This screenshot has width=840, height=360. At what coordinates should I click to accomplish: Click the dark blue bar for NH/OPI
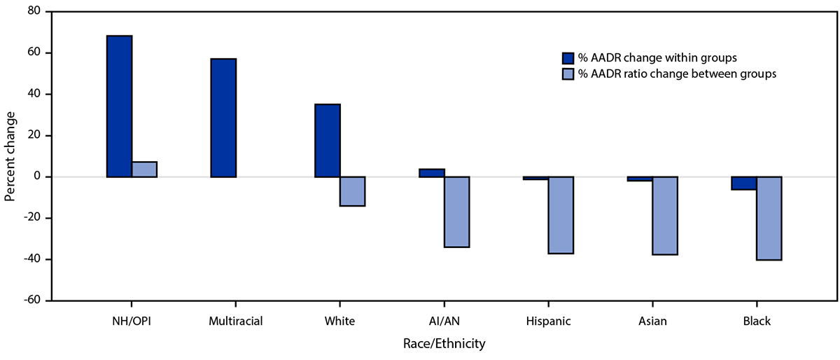click(x=119, y=106)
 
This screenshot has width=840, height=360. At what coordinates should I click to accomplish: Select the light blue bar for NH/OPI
click(x=144, y=169)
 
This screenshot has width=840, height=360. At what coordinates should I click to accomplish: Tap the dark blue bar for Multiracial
click(x=223, y=118)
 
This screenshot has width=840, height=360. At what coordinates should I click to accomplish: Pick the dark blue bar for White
click(x=328, y=140)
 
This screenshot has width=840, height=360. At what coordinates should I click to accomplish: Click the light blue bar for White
click(x=353, y=191)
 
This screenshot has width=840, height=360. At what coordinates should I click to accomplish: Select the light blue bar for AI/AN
click(x=457, y=212)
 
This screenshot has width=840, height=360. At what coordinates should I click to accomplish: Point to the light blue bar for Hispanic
click(x=561, y=215)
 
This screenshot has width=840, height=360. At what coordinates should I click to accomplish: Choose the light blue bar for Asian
click(x=665, y=216)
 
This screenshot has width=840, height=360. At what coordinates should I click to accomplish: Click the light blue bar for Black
click(x=769, y=219)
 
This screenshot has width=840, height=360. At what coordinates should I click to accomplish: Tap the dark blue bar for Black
click(x=743, y=183)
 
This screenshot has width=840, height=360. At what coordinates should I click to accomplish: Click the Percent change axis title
click(x=10, y=156)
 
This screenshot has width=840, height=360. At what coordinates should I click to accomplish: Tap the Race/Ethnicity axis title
click(x=444, y=344)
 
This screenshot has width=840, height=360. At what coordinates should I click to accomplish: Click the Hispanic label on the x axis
click(x=548, y=321)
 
